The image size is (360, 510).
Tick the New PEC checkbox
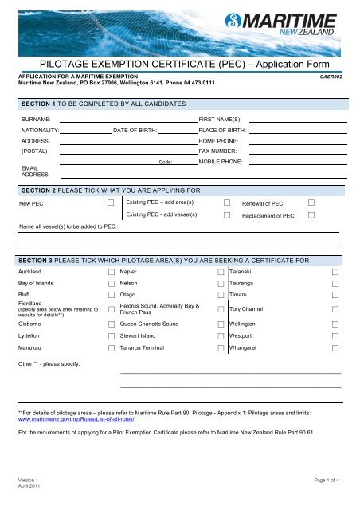point(111,204)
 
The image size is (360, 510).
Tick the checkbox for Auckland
point(111,272)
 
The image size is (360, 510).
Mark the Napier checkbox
point(221,272)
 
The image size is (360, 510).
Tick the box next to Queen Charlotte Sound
point(221,325)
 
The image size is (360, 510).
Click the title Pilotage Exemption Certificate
point(180,60)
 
